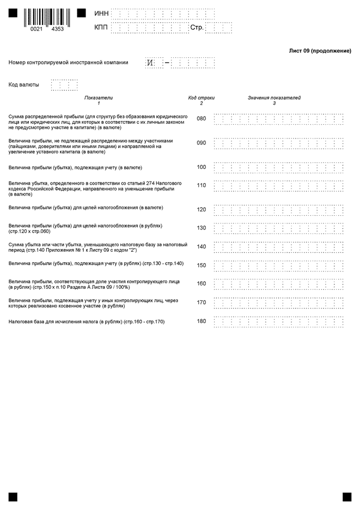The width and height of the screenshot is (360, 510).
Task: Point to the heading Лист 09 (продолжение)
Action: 320,51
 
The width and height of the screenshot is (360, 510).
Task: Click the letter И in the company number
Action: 150,63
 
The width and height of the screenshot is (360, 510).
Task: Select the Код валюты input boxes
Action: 64,85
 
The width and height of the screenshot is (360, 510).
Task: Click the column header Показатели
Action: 99,98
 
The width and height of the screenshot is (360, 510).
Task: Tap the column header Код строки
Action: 202,98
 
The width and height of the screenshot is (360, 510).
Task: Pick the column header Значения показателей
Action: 274,98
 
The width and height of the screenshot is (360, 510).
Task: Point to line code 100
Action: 202,167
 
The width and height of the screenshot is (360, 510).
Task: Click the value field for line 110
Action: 278,186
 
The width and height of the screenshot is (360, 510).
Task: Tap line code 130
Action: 202,228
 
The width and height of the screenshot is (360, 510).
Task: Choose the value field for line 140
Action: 278,247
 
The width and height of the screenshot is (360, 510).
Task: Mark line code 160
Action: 202,284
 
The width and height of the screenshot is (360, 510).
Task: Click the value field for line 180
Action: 278,321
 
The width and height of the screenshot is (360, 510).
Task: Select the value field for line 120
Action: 278,210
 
